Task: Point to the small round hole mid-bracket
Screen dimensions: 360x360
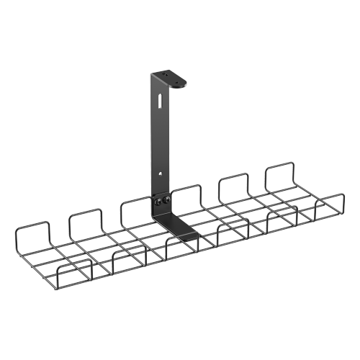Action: click(161, 173)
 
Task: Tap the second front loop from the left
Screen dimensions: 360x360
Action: click(126, 258)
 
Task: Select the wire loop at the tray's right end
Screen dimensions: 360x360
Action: click(330, 206)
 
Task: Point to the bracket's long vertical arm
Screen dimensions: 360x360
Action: click(160, 137)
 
